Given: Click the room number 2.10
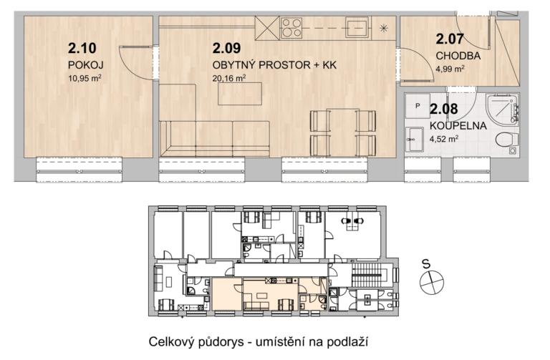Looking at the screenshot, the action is [82, 49].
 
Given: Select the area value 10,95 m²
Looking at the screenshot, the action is [85, 78].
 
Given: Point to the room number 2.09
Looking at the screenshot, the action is [226, 49].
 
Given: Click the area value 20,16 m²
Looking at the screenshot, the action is [229, 78].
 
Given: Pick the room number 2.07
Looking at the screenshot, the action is [450, 39].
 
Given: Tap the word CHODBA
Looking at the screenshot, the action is [458, 56].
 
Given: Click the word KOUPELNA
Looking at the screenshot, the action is [458, 125].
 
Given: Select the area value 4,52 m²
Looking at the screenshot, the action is [444, 139].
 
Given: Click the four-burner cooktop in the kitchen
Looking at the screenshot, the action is [291, 28].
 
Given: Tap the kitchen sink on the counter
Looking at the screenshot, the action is [357, 27].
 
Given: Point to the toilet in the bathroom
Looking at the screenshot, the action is [507, 140].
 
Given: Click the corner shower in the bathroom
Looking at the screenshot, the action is [502, 109].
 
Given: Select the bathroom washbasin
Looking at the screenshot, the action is [415, 139].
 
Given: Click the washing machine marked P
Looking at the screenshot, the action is [418, 106].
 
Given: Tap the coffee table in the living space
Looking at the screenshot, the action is [240, 94].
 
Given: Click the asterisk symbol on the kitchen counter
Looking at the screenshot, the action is [384, 28].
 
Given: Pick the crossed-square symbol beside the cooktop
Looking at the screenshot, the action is [267, 28].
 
